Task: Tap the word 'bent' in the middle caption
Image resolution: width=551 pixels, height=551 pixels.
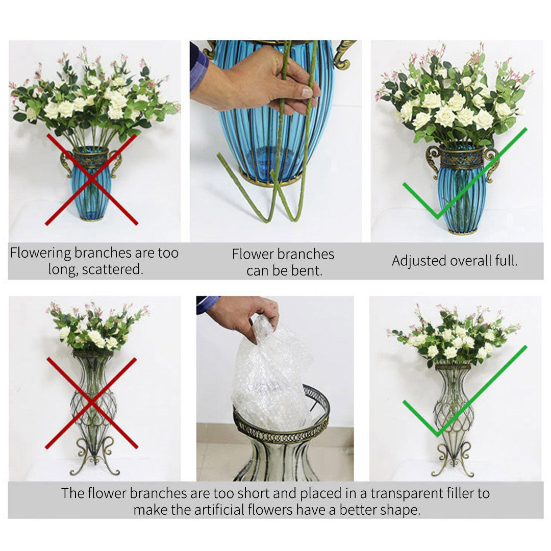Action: (x=308, y=271)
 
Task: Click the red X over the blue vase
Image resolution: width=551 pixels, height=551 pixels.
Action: (x=91, y=179)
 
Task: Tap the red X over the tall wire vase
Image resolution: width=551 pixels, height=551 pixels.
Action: (x=91, y=403)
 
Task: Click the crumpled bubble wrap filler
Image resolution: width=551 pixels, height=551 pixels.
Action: (x=270, y=378)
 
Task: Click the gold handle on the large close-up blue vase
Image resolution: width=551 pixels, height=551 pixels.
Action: (x=345, y=54)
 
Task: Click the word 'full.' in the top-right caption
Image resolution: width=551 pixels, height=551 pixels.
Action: (x=506, y=261)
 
